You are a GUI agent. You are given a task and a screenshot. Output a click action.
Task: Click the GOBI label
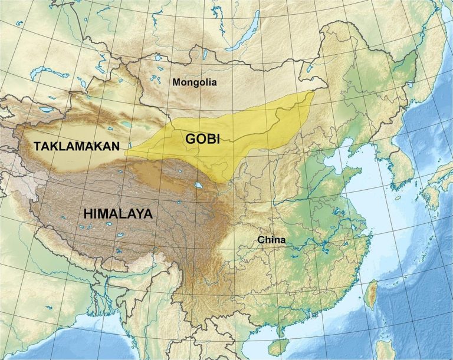[x=202, y=139]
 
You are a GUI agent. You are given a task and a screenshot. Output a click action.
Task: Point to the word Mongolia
[x=195, y=82]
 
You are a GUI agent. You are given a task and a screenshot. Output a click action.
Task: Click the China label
[x=271, y=240]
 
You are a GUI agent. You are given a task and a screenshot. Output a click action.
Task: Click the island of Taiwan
[x=371, y=295]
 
